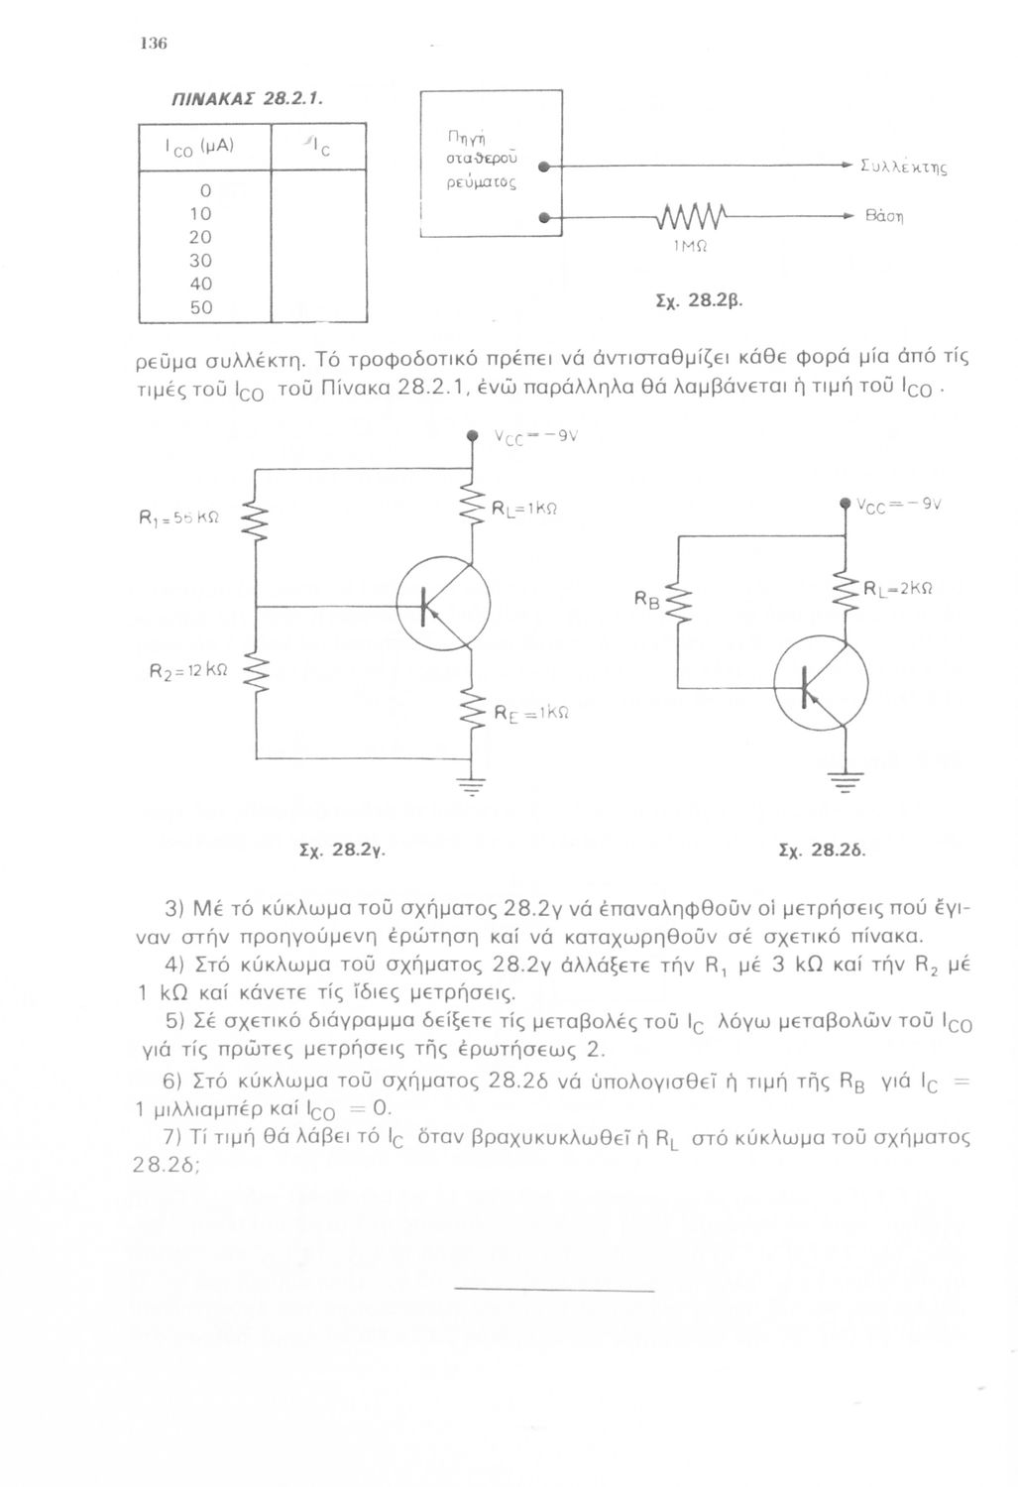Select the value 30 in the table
[x=201, y=261]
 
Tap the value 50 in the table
[x=201, y=308]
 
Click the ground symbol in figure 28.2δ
[x=845, y=780]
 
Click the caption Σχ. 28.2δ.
[x=823, y=850]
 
